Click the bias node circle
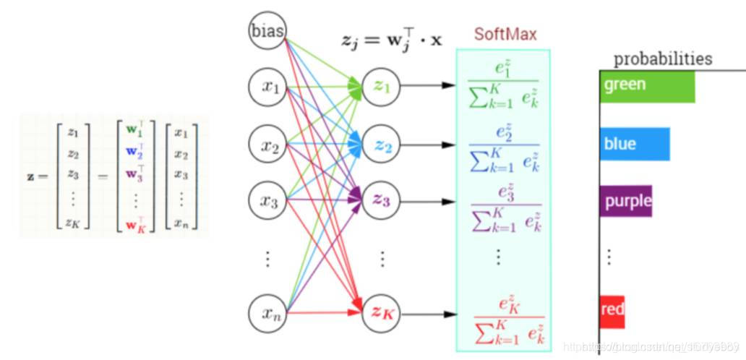[268, 32]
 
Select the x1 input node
[270, 87]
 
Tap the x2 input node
[270, 145]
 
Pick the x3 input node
[270, 201]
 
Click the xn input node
[270, 313]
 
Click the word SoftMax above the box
[505, 34]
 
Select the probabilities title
[662, 59]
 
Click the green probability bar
[647, 86]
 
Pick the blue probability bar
[635, 144]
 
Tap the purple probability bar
[626, 202]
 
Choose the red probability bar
[612, 310]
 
